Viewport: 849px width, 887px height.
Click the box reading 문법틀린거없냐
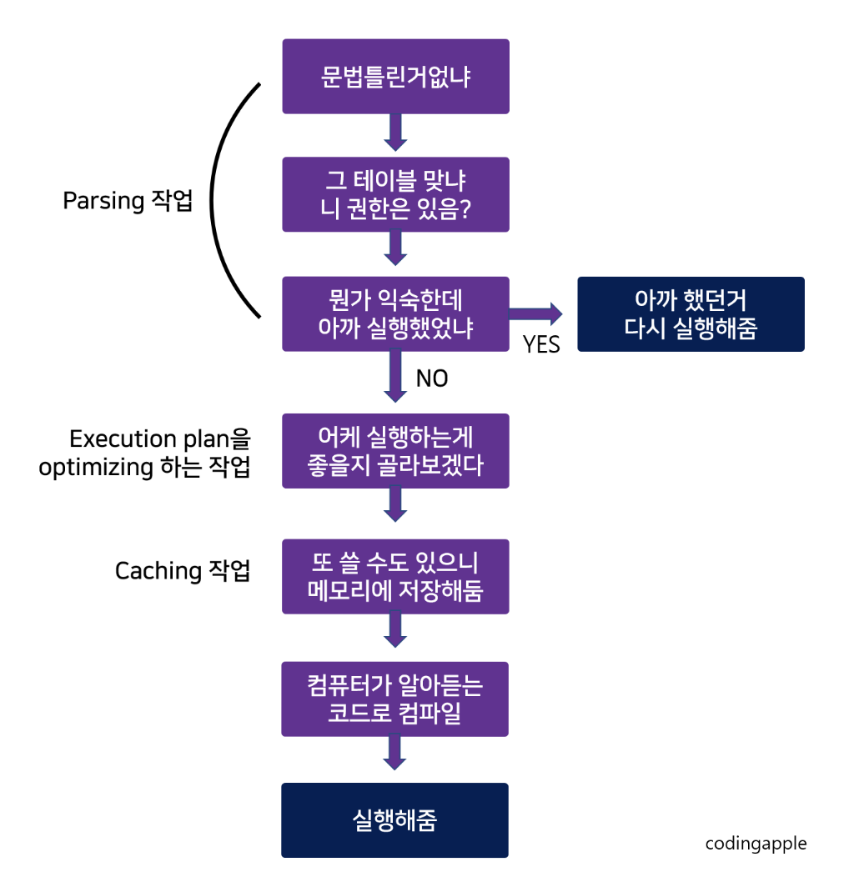pos(395,77)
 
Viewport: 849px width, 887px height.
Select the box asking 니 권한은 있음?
pos(395,194)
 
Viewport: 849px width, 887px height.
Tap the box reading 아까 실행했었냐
pos(395,314)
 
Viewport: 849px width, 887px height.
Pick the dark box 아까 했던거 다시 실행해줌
pos(691,314)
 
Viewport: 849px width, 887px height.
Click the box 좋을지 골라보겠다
pos(395,451)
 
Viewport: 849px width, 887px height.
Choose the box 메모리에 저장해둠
pos(395,577)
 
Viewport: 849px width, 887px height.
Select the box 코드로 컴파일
pos(395,699)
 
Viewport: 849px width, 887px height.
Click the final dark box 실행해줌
pos(395,820)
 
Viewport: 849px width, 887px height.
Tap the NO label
pos(432,379)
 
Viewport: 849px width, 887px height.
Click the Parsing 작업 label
pos(128,201)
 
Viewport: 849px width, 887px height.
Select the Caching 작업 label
pos(183,571)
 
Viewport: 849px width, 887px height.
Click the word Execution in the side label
pos(123,439)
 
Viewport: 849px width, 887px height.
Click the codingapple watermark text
pos(756,844)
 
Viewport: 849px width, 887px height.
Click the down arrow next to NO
pos(395,376)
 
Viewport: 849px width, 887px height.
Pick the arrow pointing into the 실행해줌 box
pos(395,754)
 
